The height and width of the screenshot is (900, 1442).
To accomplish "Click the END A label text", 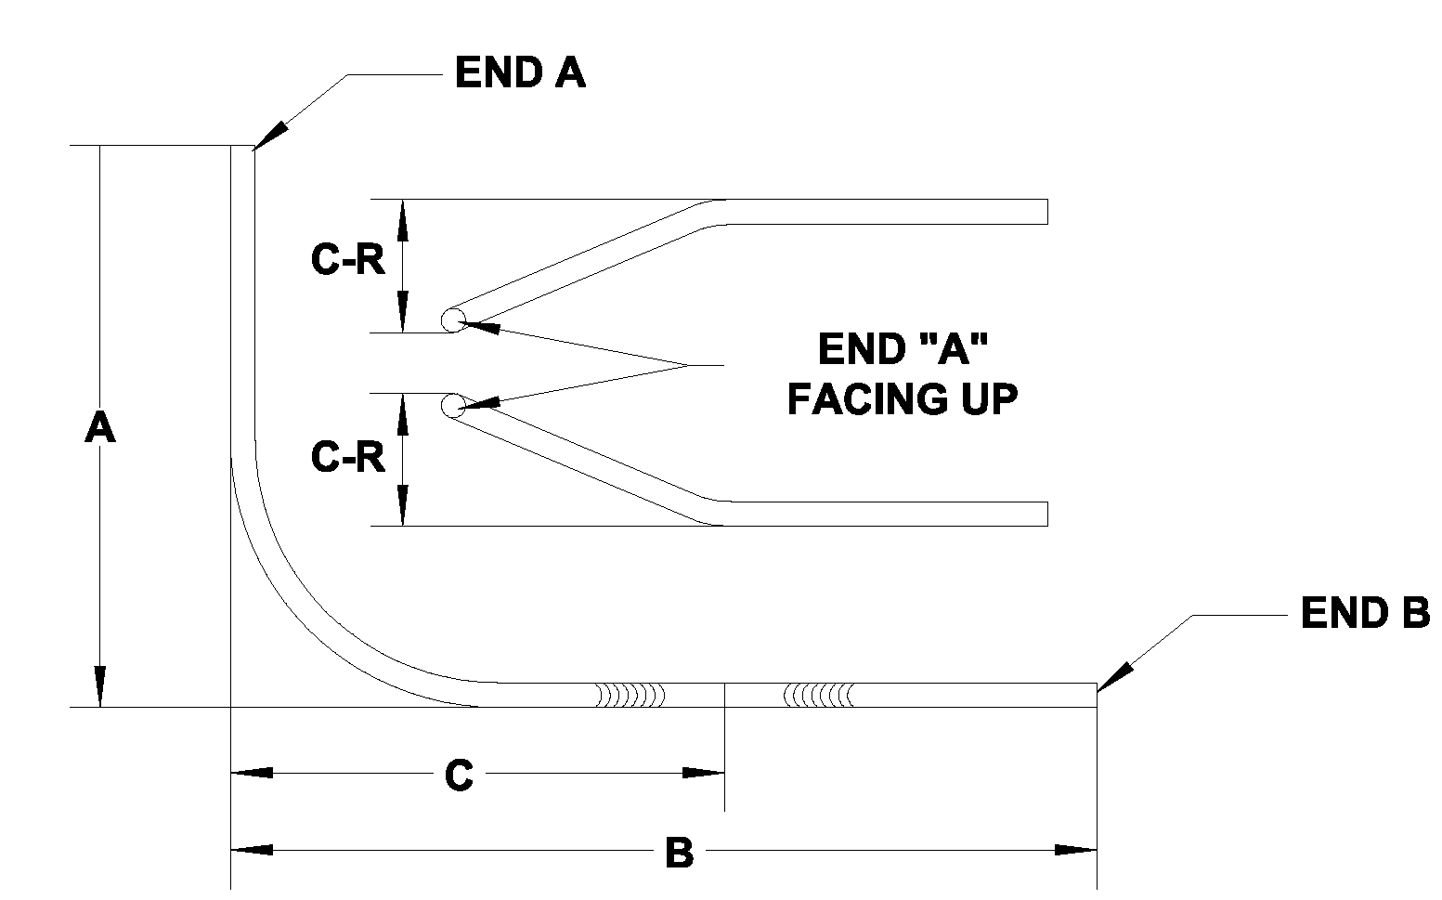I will coord(520,72).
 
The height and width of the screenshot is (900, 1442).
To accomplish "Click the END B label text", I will coord(1364,613).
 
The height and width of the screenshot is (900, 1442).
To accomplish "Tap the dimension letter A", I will coord(99,428).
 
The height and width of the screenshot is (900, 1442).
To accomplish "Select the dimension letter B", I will coord(680,853).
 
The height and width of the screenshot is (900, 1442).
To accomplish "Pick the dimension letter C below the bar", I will coord(459,776).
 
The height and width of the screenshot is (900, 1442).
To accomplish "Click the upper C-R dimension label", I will coord(348,261).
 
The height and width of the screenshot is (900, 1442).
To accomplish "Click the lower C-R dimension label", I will coord(348,457).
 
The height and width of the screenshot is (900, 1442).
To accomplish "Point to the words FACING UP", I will coord(903,399).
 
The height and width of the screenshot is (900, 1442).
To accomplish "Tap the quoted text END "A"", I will coord(903,349).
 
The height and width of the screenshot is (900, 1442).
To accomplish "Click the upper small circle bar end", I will coord(452,320).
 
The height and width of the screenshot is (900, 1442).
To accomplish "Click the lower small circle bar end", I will coord(452,405).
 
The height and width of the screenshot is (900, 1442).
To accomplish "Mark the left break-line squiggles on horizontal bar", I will coord(630,695).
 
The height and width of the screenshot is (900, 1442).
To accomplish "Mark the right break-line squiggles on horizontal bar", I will coord(818,695).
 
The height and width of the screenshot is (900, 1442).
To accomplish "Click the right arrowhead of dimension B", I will coord(1076,849).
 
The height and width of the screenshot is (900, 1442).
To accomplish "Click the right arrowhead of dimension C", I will coord(703,773).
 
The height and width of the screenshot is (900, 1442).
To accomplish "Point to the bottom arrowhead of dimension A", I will coord(99,686).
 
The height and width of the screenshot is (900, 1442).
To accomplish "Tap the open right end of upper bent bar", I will coord(1046,212).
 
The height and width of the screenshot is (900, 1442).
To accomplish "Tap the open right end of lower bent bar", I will coord(1046,514).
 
